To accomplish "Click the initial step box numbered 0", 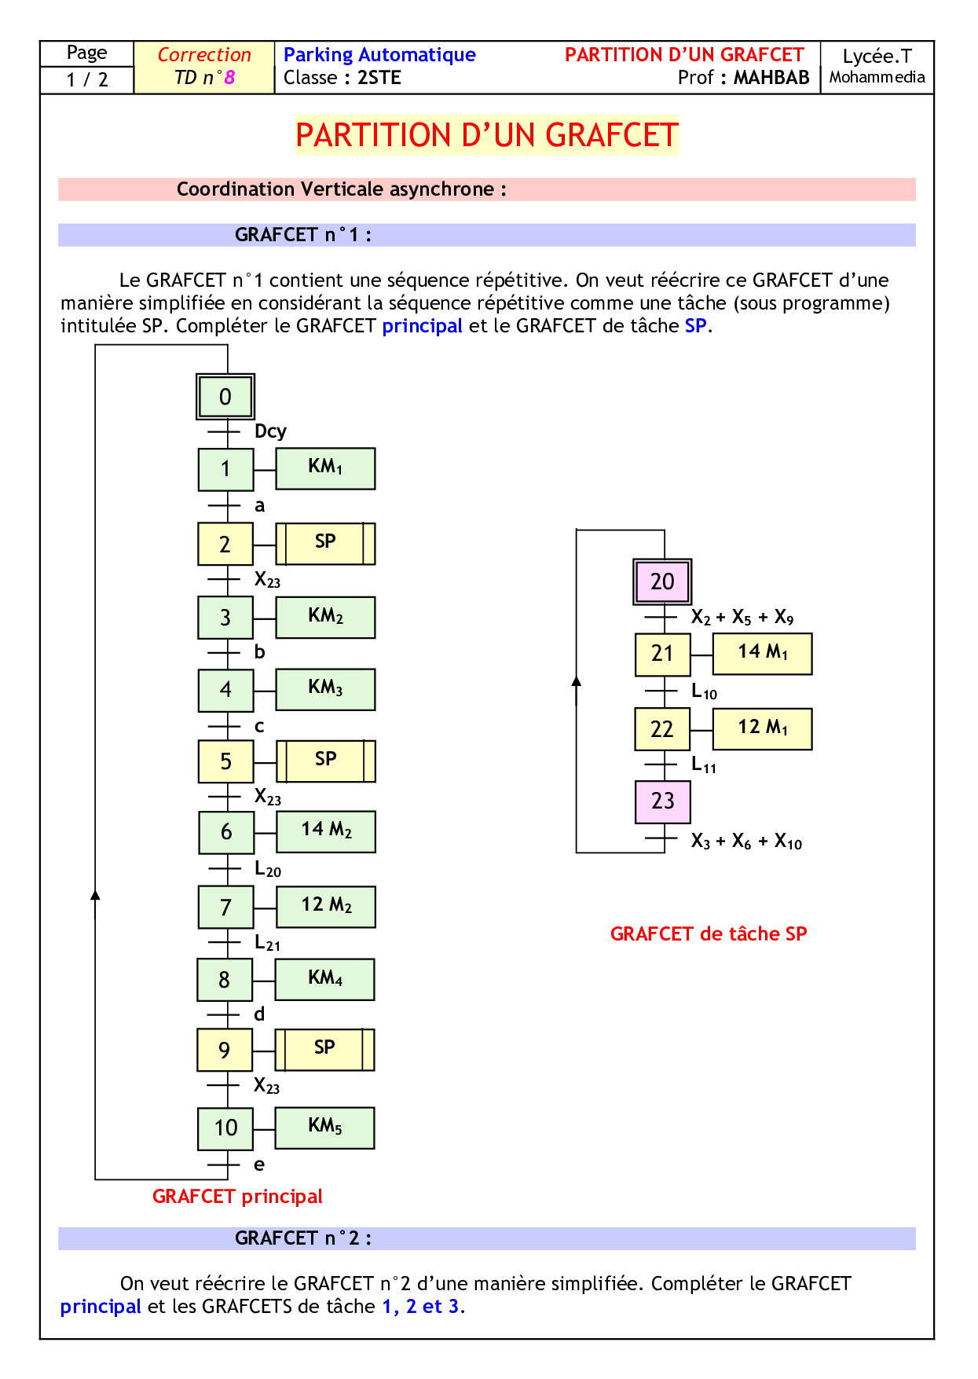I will click(225, 396).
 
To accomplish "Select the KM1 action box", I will click(325, 468).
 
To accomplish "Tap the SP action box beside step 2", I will click(325, 543).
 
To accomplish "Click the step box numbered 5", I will click(225, 761).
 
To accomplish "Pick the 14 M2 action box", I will click(326, 831).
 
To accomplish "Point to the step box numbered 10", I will click(225, 1128).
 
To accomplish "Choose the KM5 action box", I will click(325, 1128).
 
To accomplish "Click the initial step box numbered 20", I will click(662, 581).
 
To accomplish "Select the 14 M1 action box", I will click(762, 653).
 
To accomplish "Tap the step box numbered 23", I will click(662, 801).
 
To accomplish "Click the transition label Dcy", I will click(270, 431).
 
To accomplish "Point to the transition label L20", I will click(268, 869).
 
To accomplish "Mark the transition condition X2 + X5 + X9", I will click(742, 618).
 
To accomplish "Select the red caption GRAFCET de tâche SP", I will click(709, 933).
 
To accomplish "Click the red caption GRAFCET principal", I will click(237, 1196).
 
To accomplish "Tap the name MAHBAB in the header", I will click(771, 78).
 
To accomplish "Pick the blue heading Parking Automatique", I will click(379, 54).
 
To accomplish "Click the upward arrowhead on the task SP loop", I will click(577, 680).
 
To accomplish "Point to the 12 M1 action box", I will click(762, 728).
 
